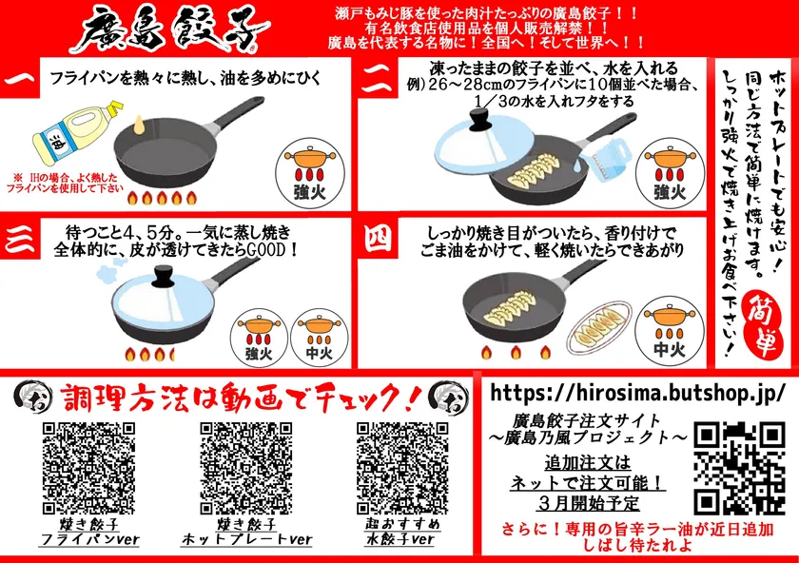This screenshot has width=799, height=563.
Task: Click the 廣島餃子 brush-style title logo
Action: [168, 29]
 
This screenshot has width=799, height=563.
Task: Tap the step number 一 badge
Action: [20, 79]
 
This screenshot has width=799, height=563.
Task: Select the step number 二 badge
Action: [378, 79]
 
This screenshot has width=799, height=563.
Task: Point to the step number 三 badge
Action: [20, 239]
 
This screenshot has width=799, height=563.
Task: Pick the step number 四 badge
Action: [378, 239]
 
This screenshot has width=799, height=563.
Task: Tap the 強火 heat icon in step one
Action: [310, 173]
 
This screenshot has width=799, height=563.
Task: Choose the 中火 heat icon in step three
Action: [319, 338]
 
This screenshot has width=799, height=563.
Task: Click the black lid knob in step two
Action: [479, 120]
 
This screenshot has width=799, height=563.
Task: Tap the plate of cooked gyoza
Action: [600, 326]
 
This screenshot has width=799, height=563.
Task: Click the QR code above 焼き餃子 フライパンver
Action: [88, 468]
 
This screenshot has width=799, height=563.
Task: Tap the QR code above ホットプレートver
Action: [246, 468]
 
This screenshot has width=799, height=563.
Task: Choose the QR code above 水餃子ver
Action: [402, 468]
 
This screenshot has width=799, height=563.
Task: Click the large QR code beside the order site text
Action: [738, 468]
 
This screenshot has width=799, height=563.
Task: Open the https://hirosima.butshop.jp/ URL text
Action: [637, 393]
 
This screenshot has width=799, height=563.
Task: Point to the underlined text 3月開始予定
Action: [588, 503]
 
